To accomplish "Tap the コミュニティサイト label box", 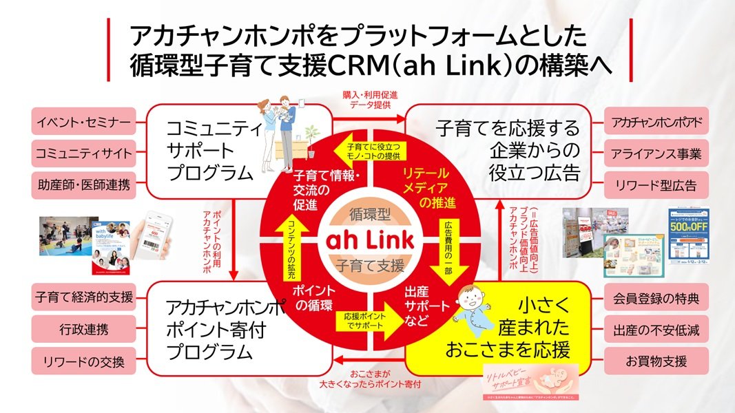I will pyautogui.click(x=83, y=153).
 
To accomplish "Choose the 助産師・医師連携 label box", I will pyautogui.click(x=83, y=184).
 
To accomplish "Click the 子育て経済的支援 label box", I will pyautogui.click(x=83, y=298).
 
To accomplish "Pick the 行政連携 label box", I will pyautogui.click(x=83, y=329).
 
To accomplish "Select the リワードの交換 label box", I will pyautogui.click(x=83, y=359).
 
